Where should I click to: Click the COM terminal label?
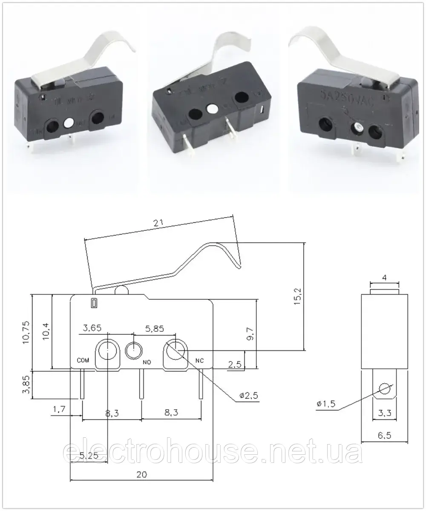tap(83, 360)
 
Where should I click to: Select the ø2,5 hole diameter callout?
tap(249, 396)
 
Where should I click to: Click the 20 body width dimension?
tap(142, 475)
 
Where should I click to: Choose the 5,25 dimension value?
tap(89, 456)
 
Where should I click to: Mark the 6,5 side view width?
tap(384, 435)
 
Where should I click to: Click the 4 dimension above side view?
tap(385, 278)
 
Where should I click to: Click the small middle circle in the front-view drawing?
tap(135, 351)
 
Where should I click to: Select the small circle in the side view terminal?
tap(385, 389)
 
